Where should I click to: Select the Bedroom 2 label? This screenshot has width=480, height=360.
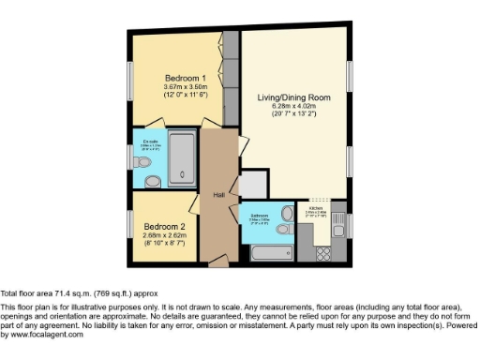[164, 227]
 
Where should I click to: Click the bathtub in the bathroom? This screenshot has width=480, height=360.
[270, 251]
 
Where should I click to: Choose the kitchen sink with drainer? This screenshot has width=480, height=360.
[338, 224]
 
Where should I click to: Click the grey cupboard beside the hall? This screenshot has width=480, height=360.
[253, 185]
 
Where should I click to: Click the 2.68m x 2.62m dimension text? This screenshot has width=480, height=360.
[164, 236]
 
